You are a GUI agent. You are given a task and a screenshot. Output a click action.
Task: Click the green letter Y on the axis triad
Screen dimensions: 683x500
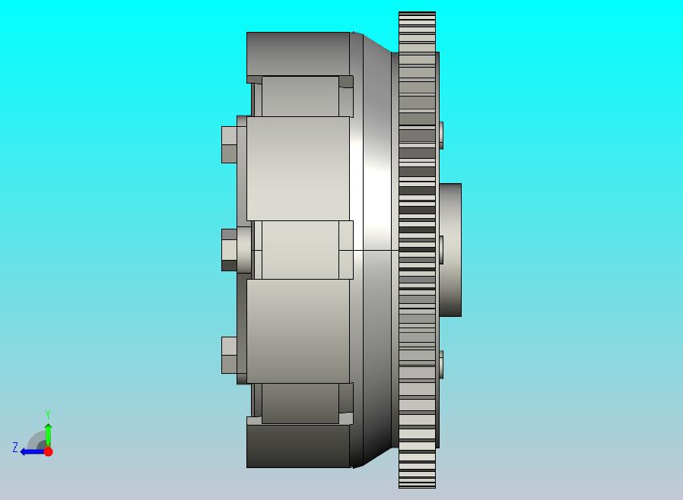click(x=48, y=414)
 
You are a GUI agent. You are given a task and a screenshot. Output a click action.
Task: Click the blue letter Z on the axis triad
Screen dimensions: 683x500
click(x=15, y=448)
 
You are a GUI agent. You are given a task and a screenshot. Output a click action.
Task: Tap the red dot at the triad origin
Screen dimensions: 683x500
click(x=49, y=451)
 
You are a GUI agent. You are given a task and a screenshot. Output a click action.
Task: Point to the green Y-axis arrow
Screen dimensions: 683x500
click(x=49, y=435)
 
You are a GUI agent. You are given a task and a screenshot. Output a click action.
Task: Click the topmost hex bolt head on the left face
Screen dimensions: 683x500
click(x=229, y=145)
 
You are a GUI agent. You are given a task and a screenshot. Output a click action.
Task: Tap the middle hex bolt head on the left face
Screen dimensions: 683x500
click(x=230, y=250)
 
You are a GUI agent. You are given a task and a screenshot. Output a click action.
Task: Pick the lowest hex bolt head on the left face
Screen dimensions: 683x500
click(x=229, y=355)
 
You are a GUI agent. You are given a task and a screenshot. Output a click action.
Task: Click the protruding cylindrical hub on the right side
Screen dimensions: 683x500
click(x=450, y=250)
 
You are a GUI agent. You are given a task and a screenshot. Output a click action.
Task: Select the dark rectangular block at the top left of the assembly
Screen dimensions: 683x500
click(x=298, y=55)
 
